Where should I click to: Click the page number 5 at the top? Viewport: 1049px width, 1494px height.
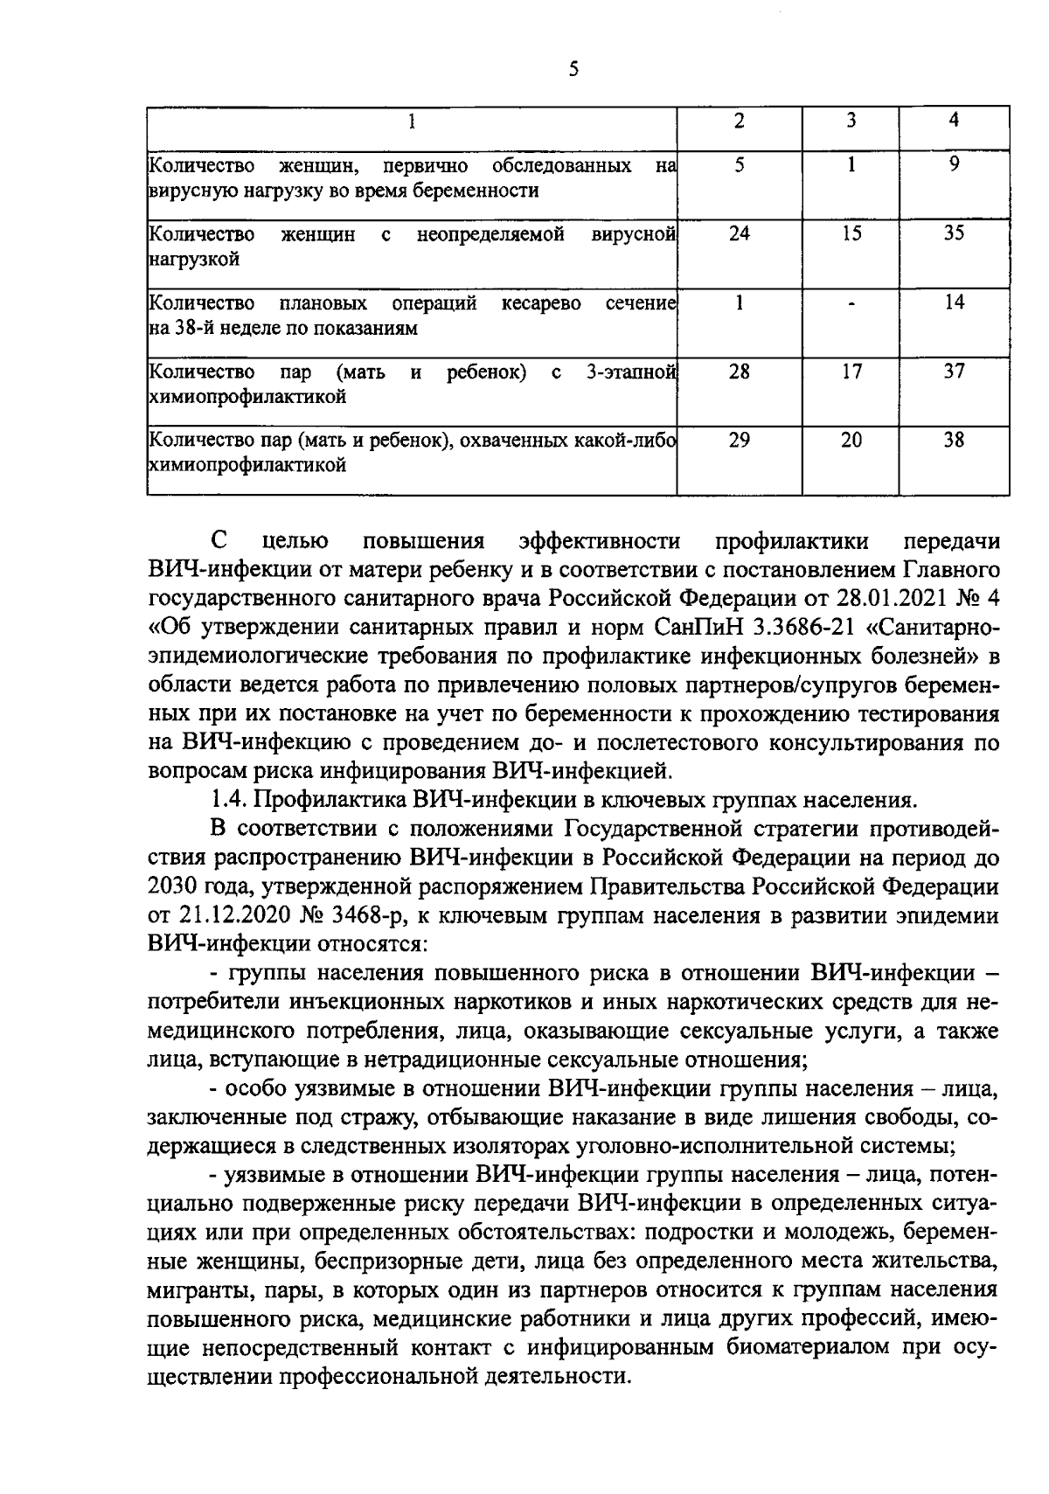pos(573,70)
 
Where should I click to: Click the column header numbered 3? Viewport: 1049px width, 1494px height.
pos(851,122)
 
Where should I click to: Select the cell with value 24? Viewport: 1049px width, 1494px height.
pos(740,234)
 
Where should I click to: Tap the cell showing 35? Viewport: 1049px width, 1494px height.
pos(954,234)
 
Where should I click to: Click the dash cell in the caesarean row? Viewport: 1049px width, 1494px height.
pos(851,304)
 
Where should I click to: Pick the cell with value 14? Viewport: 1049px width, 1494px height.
pos(954,303)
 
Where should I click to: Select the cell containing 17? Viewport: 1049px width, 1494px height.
pos(851,372)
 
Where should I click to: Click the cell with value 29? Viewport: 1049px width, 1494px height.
pos(740,441)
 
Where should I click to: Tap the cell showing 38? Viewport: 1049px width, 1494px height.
pos(954,441)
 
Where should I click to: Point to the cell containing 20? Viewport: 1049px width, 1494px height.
pos(851,441)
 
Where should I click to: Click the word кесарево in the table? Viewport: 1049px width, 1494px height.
pos(542,304)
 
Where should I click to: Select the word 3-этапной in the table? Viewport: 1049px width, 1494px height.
pos(630,372)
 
